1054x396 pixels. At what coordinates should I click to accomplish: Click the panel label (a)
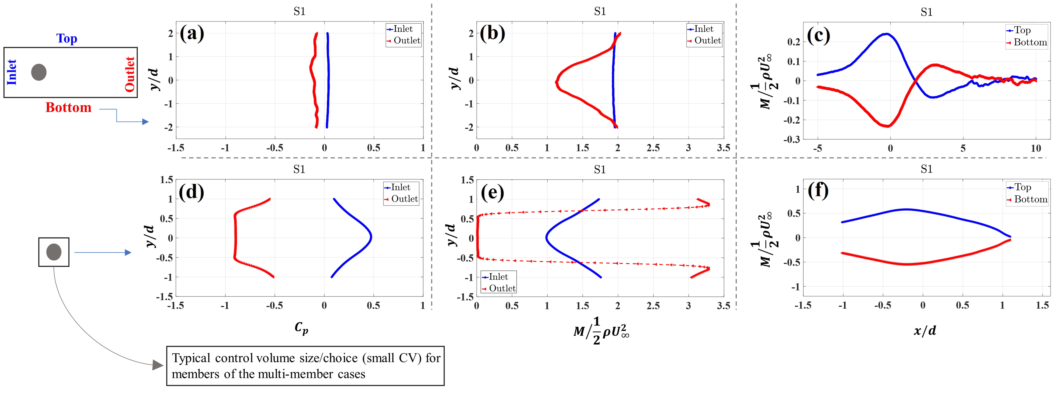tap(192, 34)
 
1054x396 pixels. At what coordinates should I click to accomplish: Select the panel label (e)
tap(492, 192)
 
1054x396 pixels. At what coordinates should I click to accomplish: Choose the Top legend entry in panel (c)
tap(1022, 30)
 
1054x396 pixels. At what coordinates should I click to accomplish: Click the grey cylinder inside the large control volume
tap(39, 72)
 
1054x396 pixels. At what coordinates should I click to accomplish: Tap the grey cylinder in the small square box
tap(54, 252)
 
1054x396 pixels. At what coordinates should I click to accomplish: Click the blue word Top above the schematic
tap(67, 38)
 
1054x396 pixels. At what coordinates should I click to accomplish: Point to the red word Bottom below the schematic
tap(68, 108)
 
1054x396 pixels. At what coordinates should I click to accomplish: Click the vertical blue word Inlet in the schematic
tap(12, 72)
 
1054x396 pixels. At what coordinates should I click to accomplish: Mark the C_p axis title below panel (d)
tap(301, 328)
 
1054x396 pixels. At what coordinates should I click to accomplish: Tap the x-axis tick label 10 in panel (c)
tap(1036, 148)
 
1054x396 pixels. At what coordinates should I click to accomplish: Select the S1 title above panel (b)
tap(600, 11)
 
